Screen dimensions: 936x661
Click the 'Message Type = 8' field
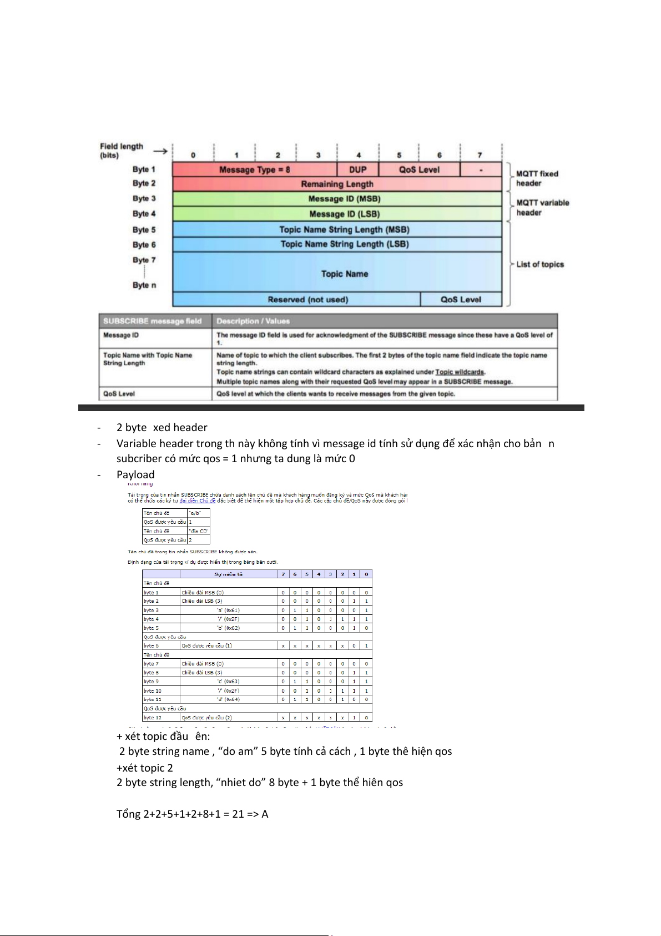tap(254, 169)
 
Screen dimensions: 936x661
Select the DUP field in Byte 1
tap(357, 169)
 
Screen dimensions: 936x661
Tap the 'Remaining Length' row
tap(337, 184)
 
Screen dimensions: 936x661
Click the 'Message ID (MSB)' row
tap(344, 199)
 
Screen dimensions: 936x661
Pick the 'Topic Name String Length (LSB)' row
tap(344, 244)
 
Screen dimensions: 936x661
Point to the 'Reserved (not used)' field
tap(307, 299)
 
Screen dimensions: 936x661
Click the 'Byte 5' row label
tap(144, 229)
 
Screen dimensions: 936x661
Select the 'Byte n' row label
tap(144, 285)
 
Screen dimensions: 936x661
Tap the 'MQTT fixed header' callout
tap(537, 178)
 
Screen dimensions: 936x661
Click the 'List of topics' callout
tap(539, 264)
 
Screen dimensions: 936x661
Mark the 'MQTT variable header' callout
tap(542, 207)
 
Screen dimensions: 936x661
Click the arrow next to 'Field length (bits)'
tap(160, 151)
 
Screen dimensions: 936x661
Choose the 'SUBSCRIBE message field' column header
tap(152, 321)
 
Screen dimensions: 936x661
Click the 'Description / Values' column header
tap(253, 321)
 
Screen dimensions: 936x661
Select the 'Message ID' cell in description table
tap(121, 335)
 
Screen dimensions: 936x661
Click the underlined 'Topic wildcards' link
tap(460, 372)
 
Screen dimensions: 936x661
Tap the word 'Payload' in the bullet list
tap(135, 474)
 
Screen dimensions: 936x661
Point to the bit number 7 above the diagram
tap(480, 155)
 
